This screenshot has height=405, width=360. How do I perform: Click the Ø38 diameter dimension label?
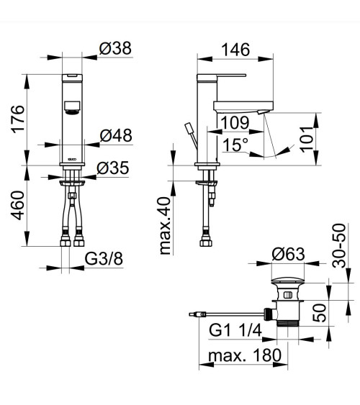pyautogui.click(x=115, y=48)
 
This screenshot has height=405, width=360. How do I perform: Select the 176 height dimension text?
pyautogui.click(x=17, y=119)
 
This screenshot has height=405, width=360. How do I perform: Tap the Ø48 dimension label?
pyautogui.click(x=116, y=135)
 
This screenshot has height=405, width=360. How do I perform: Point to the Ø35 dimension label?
pyautogui.click(x=112, y=168)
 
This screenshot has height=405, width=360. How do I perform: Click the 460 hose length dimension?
pyautogui.click(x=17, y=205)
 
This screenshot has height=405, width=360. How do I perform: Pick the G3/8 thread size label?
pyautogui.click(x=104, y=259)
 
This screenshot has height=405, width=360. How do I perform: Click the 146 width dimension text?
pyautogui.click(x=235, y=50)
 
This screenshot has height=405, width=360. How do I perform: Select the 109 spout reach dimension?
pyautogui.click(x=235, y=122)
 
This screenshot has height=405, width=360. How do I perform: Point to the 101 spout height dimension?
pyautogui.click(x=307, y=140)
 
